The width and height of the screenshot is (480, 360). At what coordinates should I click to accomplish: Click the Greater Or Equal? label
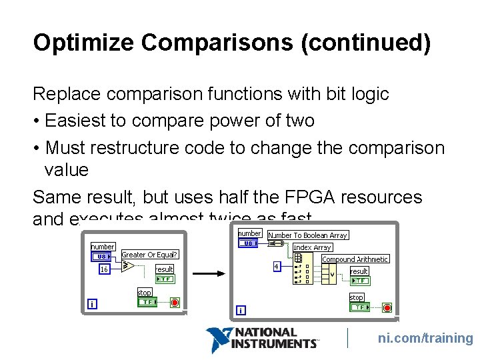150,255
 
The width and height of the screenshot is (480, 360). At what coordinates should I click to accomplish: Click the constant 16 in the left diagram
104,269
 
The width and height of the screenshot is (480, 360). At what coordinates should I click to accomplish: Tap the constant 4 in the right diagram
276,266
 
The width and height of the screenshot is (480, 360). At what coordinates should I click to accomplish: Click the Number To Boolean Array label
307,235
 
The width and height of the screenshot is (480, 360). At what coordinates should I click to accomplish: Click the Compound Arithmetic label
355,259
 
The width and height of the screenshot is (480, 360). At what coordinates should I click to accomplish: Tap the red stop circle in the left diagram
175,302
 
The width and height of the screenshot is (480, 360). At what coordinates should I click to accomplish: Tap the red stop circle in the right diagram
387,307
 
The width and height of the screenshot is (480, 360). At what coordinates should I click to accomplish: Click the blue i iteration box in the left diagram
92,304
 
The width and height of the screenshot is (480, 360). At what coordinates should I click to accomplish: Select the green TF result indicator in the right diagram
359,281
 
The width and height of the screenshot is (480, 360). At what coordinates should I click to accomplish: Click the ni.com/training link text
425,338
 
